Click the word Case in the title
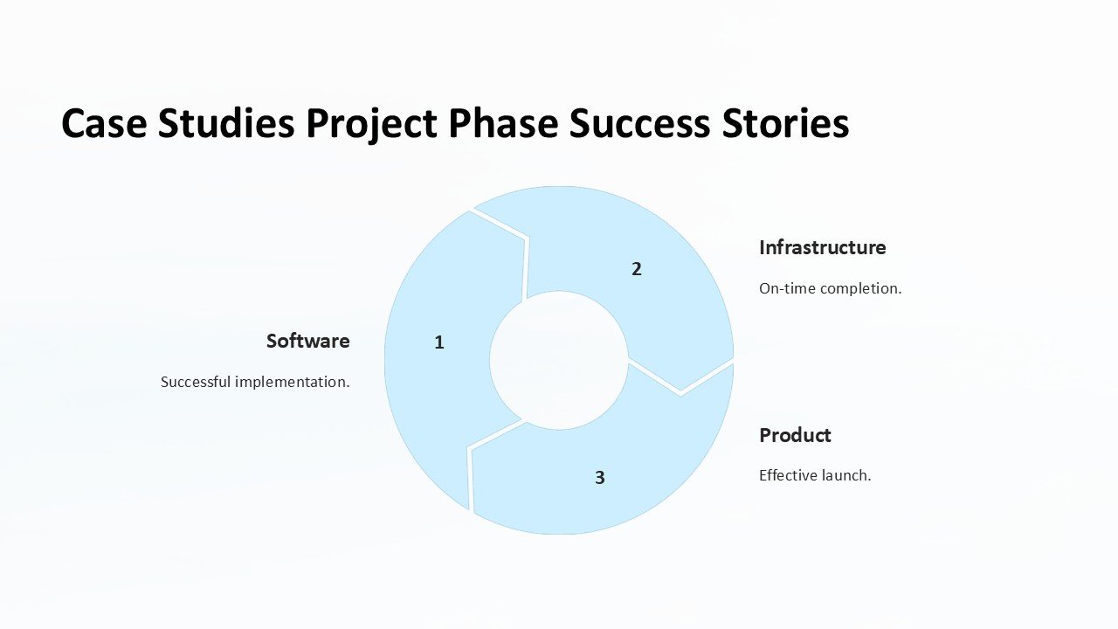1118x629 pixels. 104,123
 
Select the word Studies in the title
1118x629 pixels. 226,123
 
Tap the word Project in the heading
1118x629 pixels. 372,125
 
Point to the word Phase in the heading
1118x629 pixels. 503,123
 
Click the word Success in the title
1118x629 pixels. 639,123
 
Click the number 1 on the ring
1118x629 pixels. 439,342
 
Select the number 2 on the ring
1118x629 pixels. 637,269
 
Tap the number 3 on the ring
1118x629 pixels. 600,478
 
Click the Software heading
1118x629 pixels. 308,341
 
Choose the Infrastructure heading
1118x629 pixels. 823,247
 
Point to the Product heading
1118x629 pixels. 795,435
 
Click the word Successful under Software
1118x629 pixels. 196,382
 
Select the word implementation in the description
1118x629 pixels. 292,383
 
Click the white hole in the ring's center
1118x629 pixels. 558,361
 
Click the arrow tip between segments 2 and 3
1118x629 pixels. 680,392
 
